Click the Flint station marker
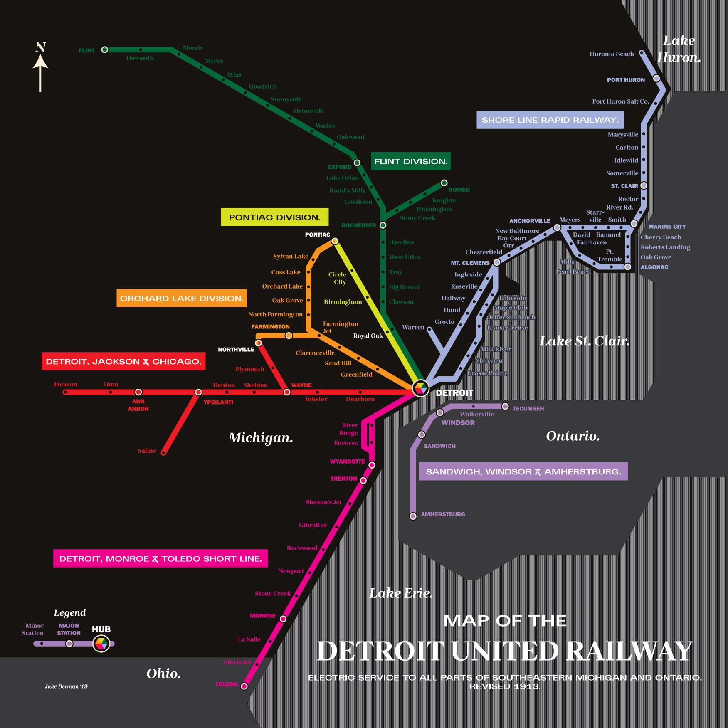point(105,50)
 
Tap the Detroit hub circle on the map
point(420,388)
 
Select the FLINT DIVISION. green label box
point(410,161)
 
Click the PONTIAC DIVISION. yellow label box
point(274,217)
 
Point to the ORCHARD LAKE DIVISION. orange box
point(181,298)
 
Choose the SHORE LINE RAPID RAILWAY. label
point(550,120)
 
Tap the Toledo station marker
point(244,686)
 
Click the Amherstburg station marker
point(413,516)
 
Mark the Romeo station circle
point(444,183)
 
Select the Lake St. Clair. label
point(584,341)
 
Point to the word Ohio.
point(163,673)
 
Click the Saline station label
point(147,451)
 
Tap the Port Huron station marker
point(656,78)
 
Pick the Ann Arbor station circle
point(138,392)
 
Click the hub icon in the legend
point(101,644)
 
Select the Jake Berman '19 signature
point(66,686)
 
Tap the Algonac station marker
point(628,267)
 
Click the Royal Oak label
point(368,336)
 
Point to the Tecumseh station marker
point(505,406)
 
